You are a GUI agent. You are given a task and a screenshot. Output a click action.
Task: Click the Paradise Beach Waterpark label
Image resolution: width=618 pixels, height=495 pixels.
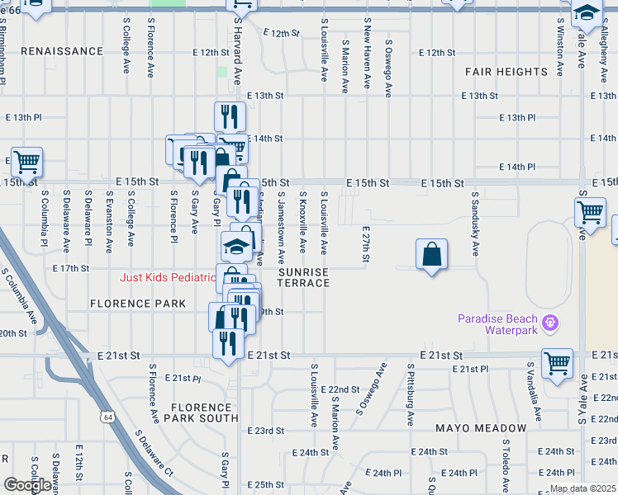498,324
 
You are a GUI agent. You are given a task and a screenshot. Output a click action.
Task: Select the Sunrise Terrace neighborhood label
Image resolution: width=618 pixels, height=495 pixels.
303,277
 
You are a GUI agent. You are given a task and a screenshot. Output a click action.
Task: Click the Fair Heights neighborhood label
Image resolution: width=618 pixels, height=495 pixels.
506,73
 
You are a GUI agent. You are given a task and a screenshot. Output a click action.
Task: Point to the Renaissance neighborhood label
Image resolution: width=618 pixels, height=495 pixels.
62,51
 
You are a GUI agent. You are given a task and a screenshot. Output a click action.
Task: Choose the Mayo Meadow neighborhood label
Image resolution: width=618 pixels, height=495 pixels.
481,429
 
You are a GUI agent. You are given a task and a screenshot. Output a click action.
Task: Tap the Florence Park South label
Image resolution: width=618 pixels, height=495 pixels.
202,412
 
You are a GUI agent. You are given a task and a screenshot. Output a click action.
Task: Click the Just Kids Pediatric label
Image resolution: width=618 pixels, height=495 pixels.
167,277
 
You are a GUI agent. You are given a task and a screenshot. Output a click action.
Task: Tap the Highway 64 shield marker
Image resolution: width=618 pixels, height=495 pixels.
108,417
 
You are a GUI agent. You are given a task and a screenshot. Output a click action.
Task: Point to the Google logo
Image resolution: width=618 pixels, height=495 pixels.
27,485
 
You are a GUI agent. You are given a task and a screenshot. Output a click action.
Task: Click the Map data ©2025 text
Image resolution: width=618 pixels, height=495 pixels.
582,488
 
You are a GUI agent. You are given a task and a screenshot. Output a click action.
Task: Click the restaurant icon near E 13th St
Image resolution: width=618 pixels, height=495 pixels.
230,115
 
